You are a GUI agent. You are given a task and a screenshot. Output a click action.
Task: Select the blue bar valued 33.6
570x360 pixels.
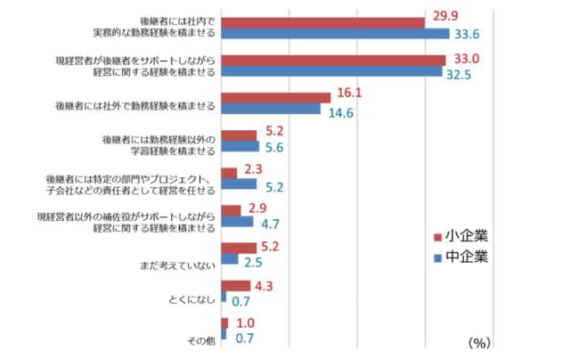pyautogui.click(x=335, y=34)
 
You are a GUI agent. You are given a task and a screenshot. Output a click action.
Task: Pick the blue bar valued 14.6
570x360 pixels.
pyautogui.click(x=270, y=109)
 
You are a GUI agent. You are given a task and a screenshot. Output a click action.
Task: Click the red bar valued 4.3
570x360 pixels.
pyautogui.click(x=235, y=285)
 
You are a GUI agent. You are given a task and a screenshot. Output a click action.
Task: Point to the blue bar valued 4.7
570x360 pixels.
pyautogui.click(x=237, y=222)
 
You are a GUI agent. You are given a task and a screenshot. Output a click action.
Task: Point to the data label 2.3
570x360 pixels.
pyautogui.click(x=253, y=168)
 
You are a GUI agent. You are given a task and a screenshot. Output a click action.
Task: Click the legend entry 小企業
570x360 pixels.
pyautogui.click(x=461, y=236)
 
